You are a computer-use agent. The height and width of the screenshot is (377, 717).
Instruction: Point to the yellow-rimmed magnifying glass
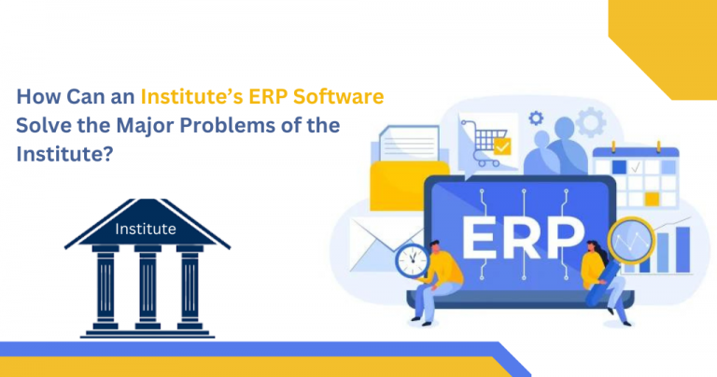[x=632, y=240]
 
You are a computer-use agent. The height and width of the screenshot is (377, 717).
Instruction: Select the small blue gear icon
[x=536, y=119]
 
